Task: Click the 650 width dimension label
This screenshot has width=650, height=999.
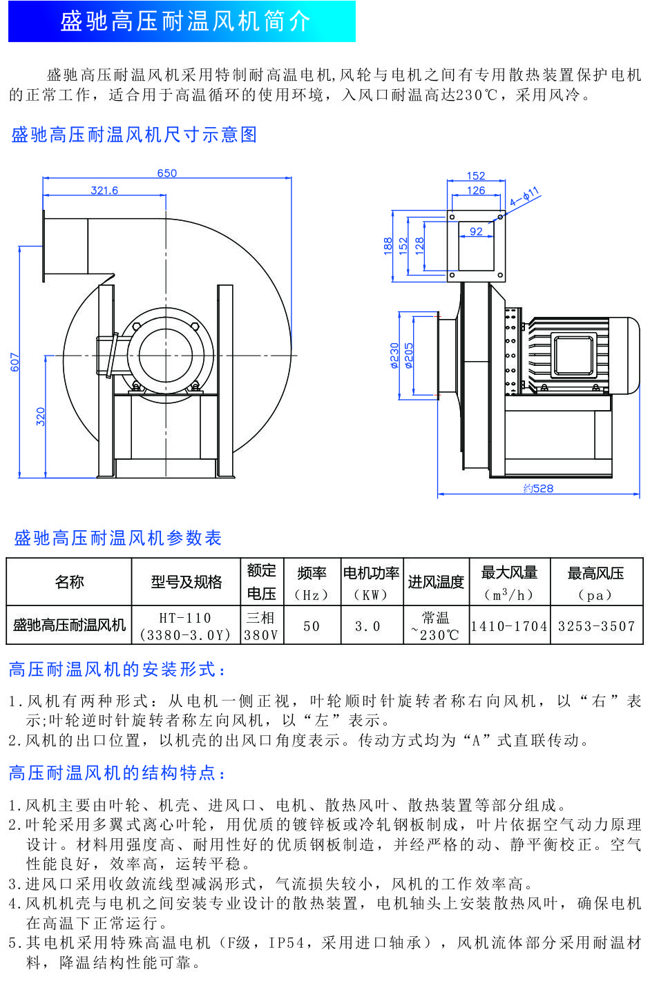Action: point(166,173)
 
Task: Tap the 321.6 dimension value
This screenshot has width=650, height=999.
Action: point(104,191)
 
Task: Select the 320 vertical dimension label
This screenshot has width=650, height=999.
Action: point(41,416)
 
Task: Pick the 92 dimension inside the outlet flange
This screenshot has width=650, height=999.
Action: point(476,232)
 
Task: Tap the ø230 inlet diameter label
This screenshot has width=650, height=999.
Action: point(394,356)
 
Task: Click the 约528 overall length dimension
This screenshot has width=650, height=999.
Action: point(538,489)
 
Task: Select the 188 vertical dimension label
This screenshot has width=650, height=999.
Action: point(388,246)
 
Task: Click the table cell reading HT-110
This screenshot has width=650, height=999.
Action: point(185,618)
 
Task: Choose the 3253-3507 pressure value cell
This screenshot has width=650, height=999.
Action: point(596,626)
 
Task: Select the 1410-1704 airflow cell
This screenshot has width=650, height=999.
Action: point(509,626)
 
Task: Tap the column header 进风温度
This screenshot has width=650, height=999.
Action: point(436,582)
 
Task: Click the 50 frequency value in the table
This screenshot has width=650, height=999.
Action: point(312,626)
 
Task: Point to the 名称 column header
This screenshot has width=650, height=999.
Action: point(69,582)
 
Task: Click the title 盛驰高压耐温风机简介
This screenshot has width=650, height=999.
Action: point(185,22)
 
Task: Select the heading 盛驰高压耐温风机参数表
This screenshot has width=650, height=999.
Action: point(117,538)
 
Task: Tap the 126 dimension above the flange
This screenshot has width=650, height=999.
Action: point(476,191)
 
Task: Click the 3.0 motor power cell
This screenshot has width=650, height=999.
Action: point(367,626)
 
